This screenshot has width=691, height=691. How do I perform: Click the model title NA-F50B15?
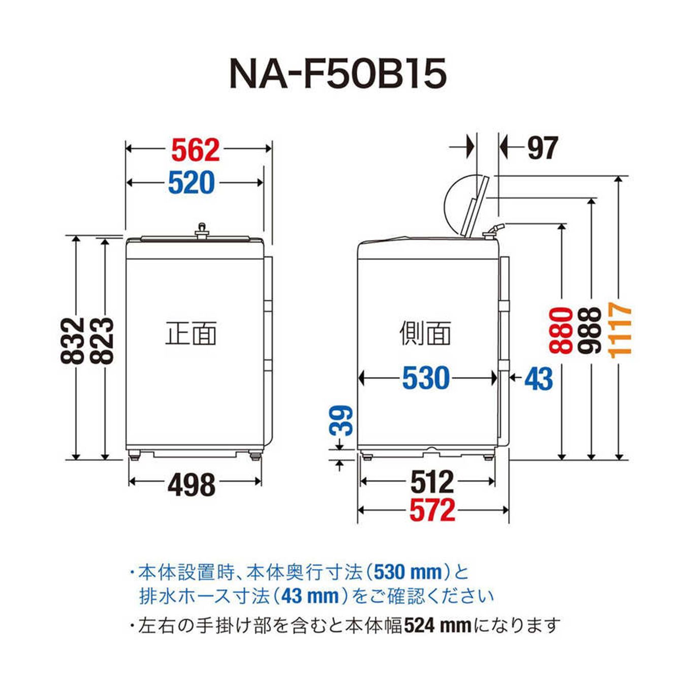[338, 73]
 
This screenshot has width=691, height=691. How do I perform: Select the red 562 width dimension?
[195, 150]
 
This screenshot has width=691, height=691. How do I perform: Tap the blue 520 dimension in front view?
[192, 183]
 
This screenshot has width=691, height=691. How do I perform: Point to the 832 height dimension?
[72, 340]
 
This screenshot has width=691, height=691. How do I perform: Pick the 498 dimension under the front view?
[192, 485]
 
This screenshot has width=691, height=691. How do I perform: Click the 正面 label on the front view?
[191, 333]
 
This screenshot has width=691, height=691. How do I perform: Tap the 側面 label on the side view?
[425, 333]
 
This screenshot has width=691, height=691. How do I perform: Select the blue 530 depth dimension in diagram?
[426, 378]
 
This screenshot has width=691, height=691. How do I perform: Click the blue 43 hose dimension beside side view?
[538, 379]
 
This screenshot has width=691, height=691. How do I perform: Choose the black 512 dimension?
[431, 482]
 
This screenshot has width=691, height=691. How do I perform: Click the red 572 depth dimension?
[432, 510]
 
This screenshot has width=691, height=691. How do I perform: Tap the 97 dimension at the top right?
[542, 148]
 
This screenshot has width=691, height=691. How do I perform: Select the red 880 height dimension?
[561, 330]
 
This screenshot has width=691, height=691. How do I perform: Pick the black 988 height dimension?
[590, 330]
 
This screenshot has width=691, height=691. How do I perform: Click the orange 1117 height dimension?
[620, 330]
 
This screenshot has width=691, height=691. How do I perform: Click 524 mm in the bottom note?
[437, 625]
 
